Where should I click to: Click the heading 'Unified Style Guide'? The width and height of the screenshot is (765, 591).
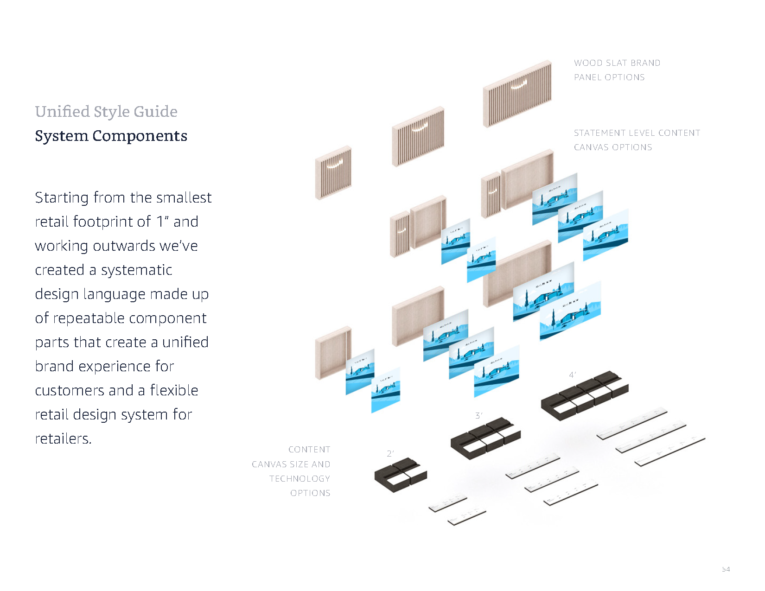106,112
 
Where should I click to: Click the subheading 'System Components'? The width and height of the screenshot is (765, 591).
111,136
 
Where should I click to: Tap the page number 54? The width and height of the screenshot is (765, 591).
726,569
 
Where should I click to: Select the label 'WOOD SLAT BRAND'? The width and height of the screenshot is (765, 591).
617,63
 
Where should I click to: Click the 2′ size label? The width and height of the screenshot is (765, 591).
390,454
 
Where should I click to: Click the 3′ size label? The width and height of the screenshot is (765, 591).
479,416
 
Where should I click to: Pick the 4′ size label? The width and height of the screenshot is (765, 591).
573,375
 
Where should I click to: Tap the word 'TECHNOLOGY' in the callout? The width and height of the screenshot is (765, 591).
300,479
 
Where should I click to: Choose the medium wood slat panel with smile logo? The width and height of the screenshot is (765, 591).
418,137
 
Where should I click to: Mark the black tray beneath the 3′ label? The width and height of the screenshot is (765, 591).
485,438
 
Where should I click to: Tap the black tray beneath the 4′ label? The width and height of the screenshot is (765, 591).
585,395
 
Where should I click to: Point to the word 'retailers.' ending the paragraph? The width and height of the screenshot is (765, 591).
63,438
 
